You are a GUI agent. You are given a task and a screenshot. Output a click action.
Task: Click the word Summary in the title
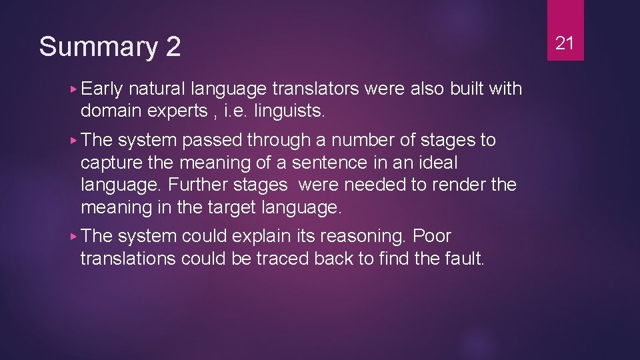[97, 47]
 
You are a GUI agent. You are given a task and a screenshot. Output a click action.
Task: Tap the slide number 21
[565, 43]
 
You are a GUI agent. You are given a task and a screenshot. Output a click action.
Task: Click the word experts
[177, 111]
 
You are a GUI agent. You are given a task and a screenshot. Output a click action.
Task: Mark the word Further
[196, 185]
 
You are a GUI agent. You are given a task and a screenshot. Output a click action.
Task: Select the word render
[459, 185]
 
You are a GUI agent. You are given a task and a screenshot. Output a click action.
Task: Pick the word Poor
[432, 236]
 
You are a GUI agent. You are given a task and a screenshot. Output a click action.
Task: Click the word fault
[463, 259]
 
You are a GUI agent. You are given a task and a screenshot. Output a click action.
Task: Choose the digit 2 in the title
[172, 47]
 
